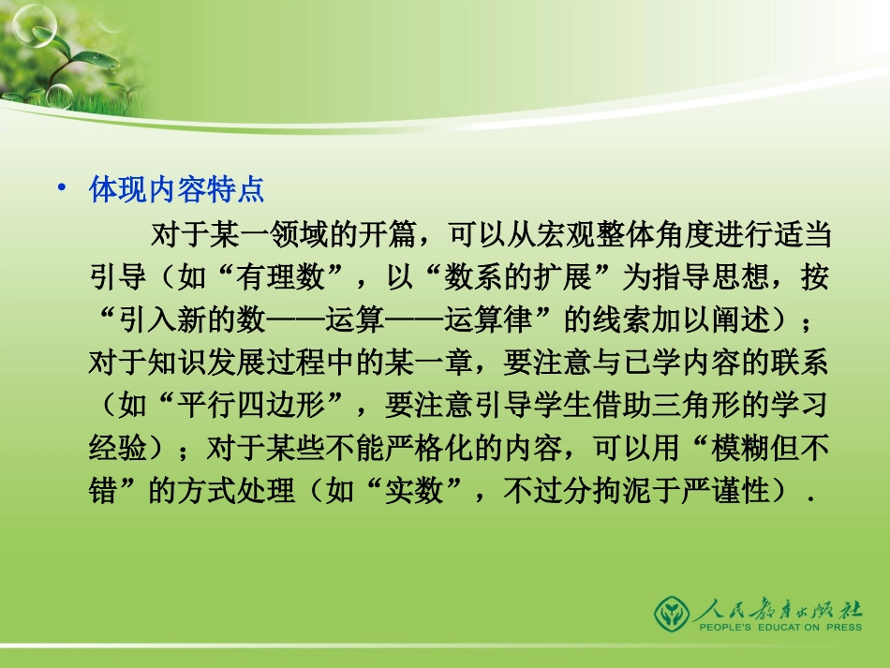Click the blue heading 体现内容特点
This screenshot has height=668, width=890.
pyautogui.click(x=176, y=191)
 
